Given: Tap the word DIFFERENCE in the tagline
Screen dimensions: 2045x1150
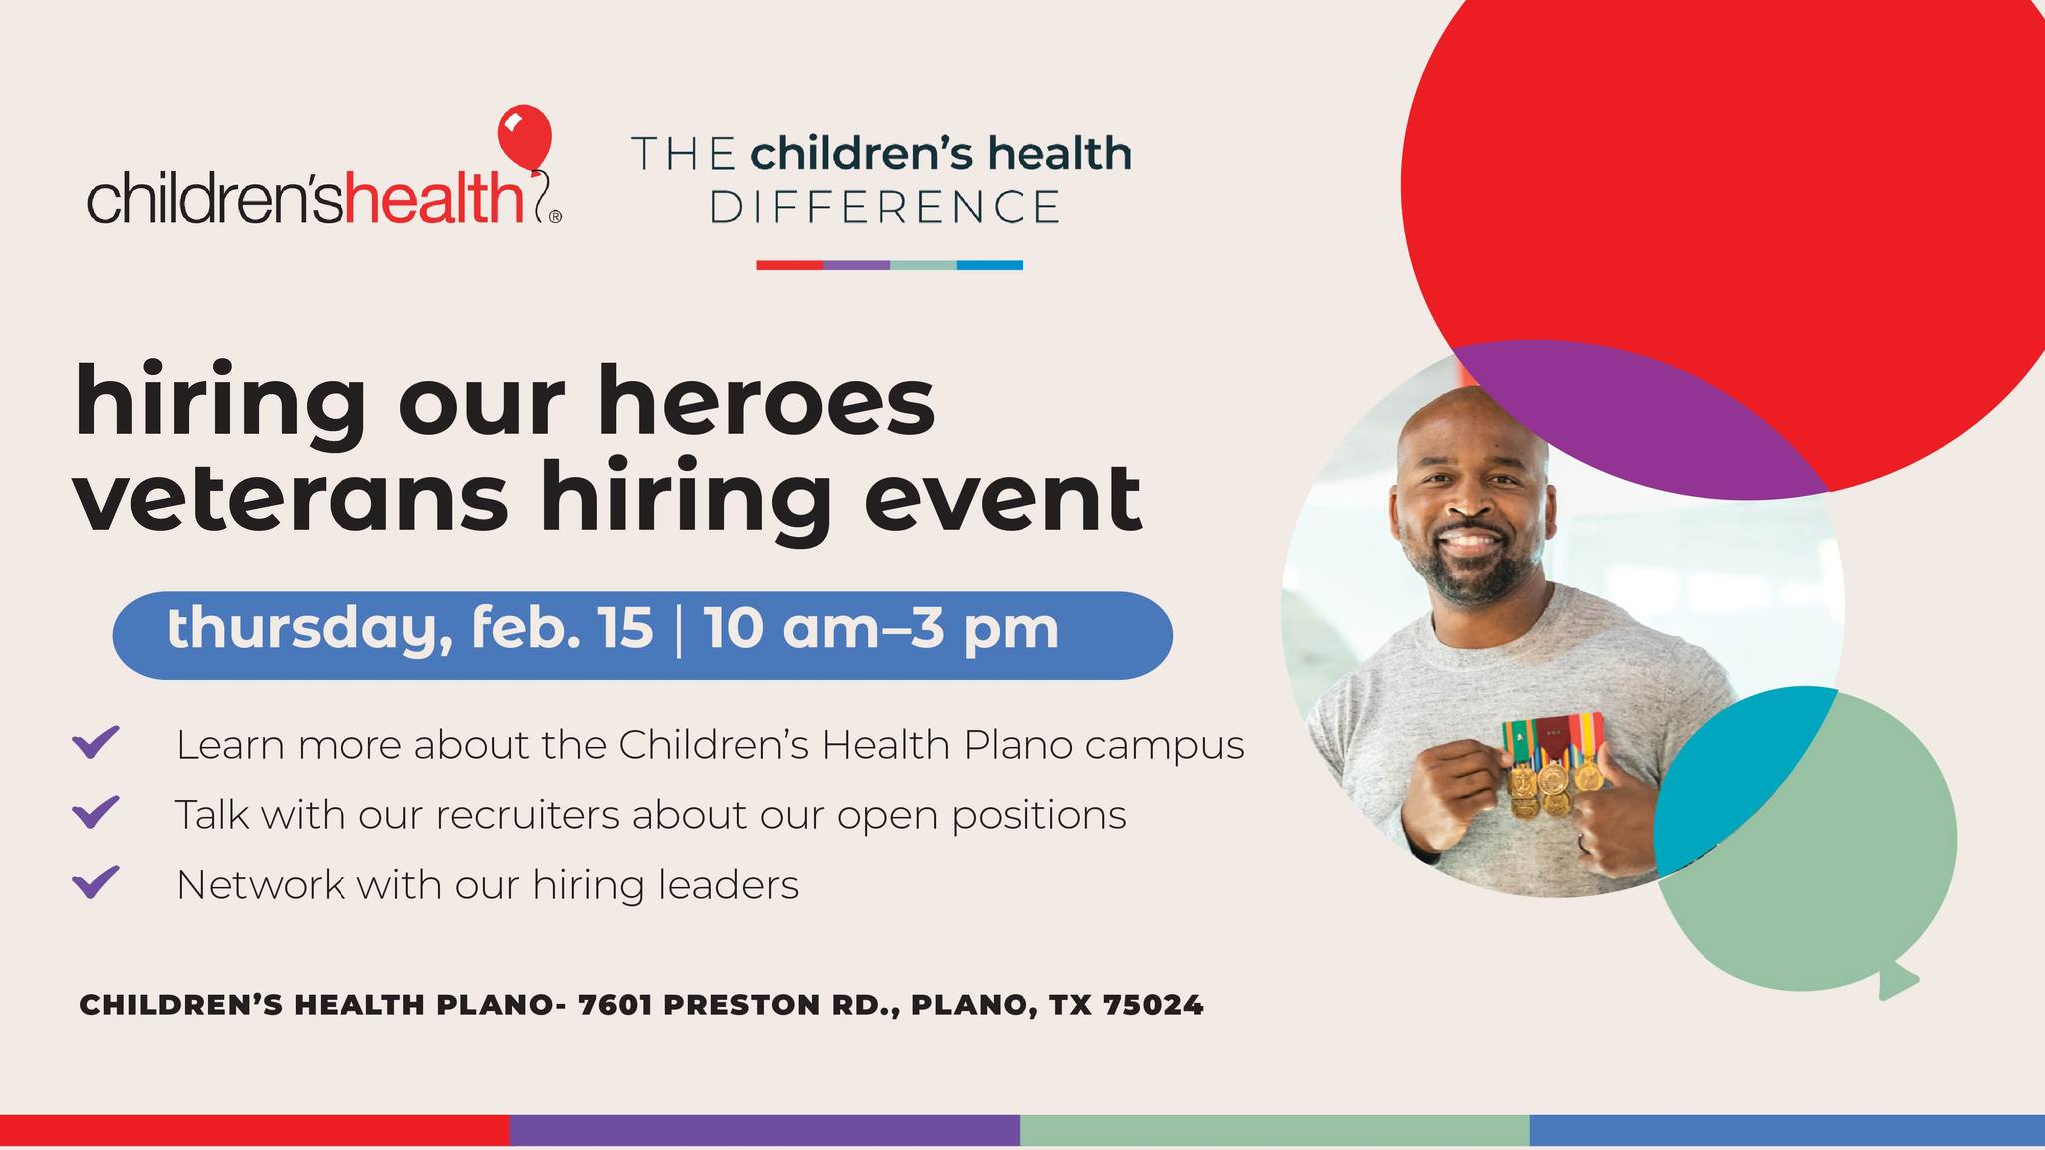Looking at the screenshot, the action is click(x=884, y=206).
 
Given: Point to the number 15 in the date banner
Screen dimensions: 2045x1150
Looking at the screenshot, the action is click(x=627, y=629).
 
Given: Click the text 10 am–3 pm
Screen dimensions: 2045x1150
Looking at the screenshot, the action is click(x=881, y=630).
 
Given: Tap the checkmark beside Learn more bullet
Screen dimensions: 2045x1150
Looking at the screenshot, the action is click(x=97, y=742).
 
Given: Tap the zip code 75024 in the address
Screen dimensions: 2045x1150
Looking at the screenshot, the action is click(x=1153, y=1005).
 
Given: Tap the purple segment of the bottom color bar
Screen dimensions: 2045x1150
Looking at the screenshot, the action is click(x=764, y=1130).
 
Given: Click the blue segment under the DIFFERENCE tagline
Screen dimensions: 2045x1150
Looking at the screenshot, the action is click(x=990, y=265).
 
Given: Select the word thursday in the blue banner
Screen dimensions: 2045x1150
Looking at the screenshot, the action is click(x=302, y=630).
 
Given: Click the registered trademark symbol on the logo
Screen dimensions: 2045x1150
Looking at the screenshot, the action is click(x=555, y=215).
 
